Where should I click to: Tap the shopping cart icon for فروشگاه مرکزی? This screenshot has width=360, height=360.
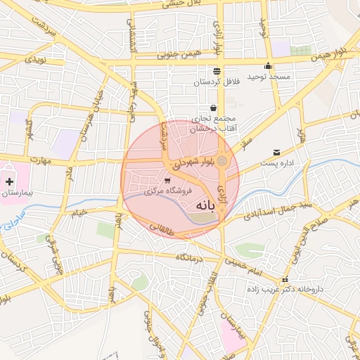[166, 181]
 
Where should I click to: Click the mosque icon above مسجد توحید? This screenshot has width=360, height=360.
[268, 67]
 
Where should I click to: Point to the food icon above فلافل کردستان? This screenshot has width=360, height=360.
[216, 71]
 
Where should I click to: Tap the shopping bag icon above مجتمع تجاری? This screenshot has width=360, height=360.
[213, 108]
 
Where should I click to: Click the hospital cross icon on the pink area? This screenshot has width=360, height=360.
[9, 181]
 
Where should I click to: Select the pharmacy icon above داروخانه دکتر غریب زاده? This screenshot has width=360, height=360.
[285, 279]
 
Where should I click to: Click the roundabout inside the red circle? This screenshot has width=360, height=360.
[222, 162]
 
